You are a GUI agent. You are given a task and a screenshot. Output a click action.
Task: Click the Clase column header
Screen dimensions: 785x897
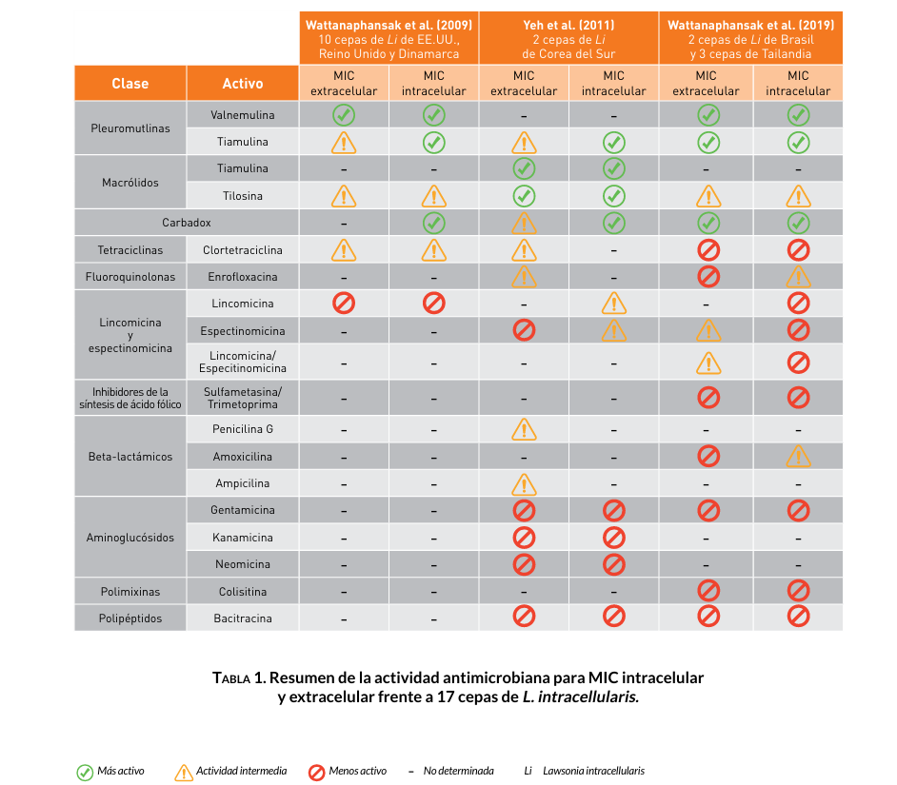130,84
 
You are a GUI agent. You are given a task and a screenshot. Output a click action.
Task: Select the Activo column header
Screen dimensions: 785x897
242,84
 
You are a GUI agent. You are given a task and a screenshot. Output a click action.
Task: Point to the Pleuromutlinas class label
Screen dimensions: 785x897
130,128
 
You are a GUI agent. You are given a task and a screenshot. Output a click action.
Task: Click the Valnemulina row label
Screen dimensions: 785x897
243,115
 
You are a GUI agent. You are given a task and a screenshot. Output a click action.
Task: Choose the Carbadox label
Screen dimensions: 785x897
187,223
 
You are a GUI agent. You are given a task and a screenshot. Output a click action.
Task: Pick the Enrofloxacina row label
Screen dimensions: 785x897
243,277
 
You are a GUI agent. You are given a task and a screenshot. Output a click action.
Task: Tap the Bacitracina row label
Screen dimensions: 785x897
243,618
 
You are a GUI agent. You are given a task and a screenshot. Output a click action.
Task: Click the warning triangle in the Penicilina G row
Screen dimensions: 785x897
524,429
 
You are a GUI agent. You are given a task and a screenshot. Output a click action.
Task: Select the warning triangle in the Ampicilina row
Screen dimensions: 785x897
524,483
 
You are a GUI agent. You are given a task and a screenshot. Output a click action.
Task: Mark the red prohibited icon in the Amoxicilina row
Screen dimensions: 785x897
708,456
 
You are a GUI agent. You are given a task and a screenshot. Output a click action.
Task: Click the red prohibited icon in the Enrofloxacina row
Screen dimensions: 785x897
708,277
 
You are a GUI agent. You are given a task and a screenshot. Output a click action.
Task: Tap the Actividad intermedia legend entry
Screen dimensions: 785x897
232,771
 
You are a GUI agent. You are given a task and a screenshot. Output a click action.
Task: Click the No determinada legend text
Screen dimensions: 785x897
459,771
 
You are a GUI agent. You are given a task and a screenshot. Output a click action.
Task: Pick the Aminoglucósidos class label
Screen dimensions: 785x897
130,538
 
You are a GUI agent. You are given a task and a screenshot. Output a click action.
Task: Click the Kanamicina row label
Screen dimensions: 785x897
243,538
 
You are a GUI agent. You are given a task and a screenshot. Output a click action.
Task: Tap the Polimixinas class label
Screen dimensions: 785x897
130,592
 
